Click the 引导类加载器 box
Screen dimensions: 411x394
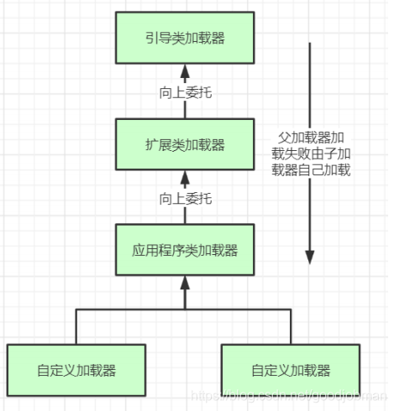point(185,38)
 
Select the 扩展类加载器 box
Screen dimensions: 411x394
point(185,144)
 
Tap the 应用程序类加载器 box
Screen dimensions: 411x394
point(185,250)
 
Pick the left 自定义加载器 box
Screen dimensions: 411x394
point(76,370)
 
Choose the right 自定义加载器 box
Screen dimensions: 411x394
point(291,370)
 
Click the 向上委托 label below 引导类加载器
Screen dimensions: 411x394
point(185,92)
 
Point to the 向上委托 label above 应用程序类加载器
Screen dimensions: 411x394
point(185,199)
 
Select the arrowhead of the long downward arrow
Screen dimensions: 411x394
point(310,256)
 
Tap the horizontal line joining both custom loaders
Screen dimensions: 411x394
point(185,310)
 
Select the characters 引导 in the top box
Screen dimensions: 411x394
point(158,38)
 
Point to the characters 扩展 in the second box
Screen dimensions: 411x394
point(158,144)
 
